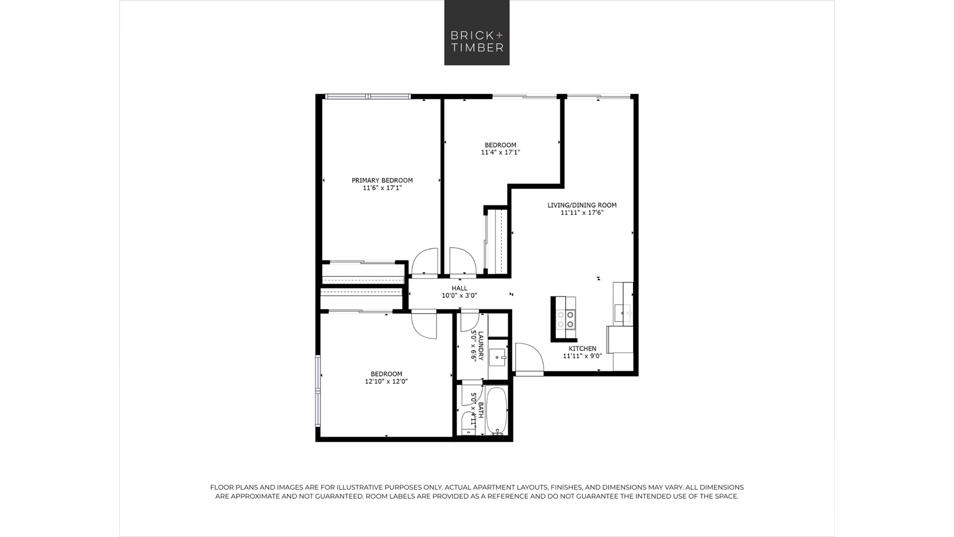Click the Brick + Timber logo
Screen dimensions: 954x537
(477, 32)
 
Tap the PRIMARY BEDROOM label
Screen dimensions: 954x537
(382, 180)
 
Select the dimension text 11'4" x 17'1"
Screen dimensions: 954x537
(500, 153)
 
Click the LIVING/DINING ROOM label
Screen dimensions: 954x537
(582, 205)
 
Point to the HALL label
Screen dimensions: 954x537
(459, 288)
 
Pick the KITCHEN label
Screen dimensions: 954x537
(582, 349)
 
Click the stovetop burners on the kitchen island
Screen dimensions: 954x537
(566, 320)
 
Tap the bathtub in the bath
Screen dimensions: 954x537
(497, 411)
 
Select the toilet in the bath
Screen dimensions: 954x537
(468, 423)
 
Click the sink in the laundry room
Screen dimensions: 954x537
(497, 358)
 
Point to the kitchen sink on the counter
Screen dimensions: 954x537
(622, 313)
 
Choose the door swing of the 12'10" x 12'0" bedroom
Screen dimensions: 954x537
(424, 325)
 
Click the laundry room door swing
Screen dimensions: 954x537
(470, 321)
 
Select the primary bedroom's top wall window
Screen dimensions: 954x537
(368, 96)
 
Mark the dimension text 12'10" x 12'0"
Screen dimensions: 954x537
(386, 382)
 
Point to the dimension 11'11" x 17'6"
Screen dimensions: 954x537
(582, 213)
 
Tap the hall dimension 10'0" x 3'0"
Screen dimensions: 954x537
(459, 296)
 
